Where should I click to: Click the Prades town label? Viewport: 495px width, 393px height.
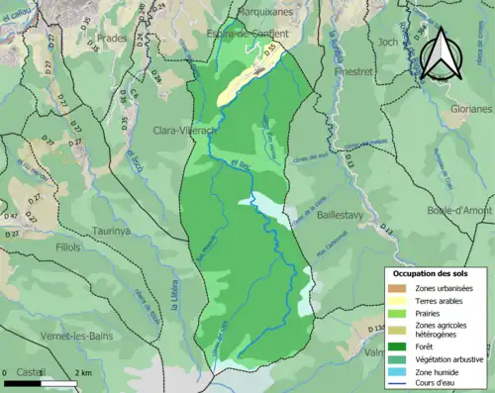114,66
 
